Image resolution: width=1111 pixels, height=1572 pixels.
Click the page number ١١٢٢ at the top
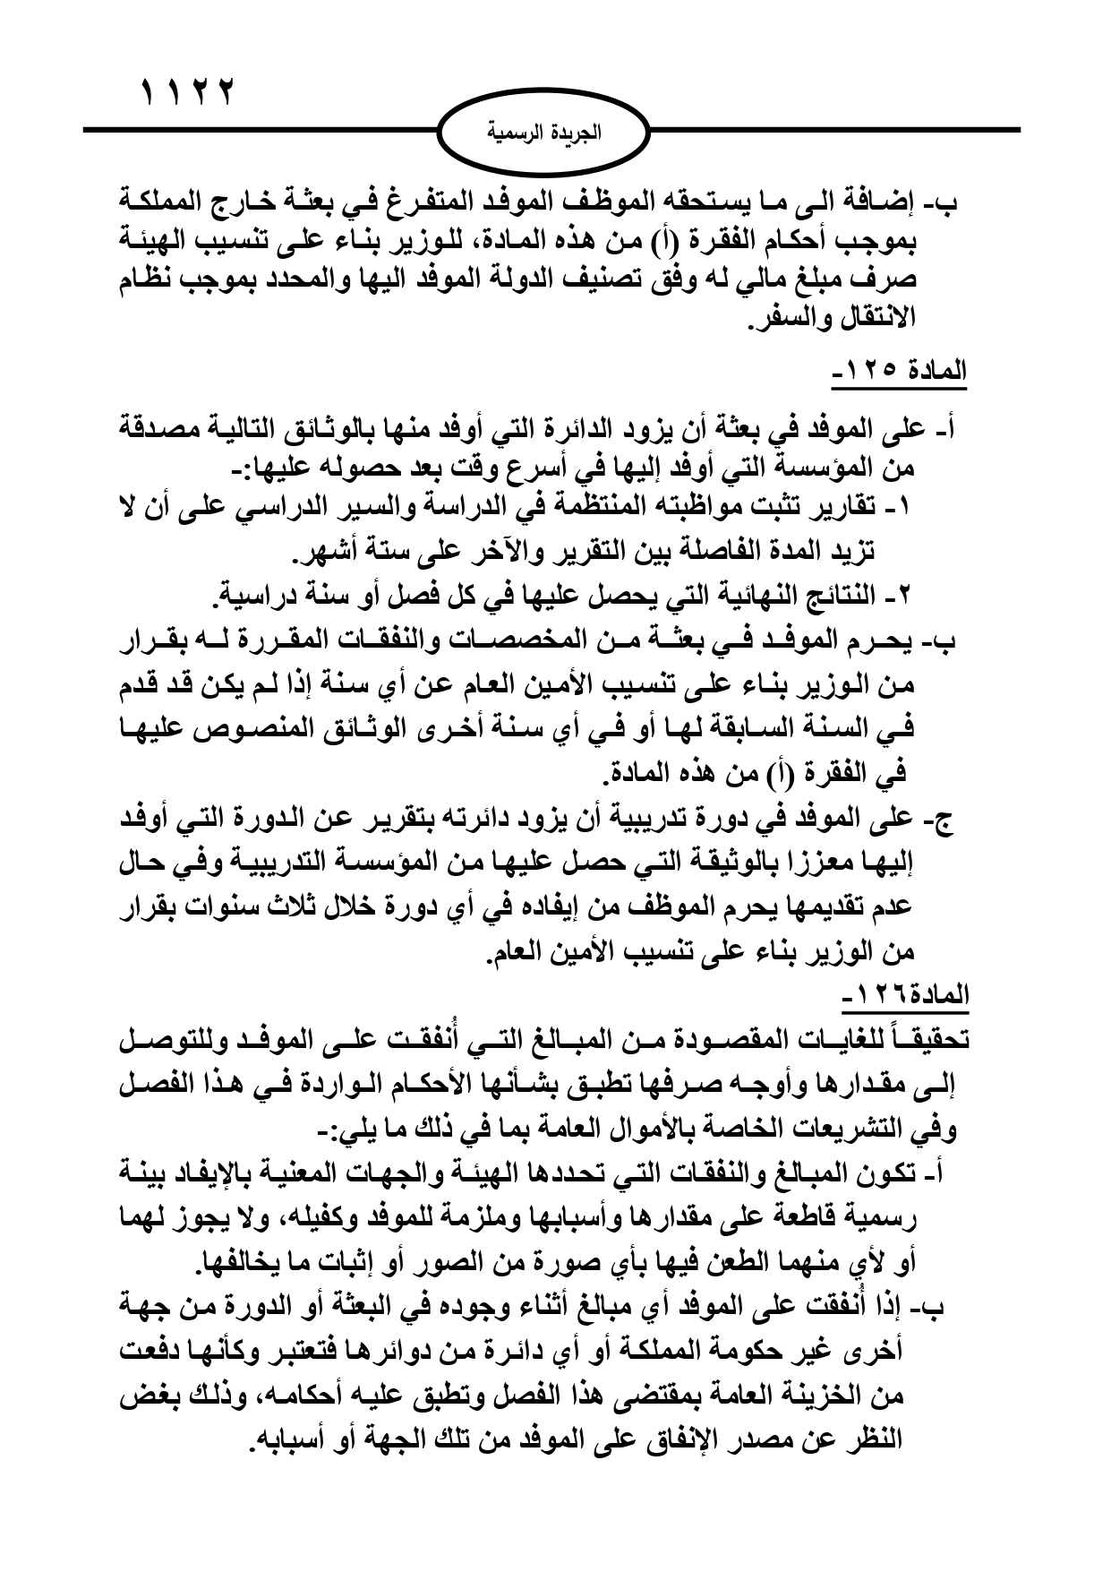click(185, 90)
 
